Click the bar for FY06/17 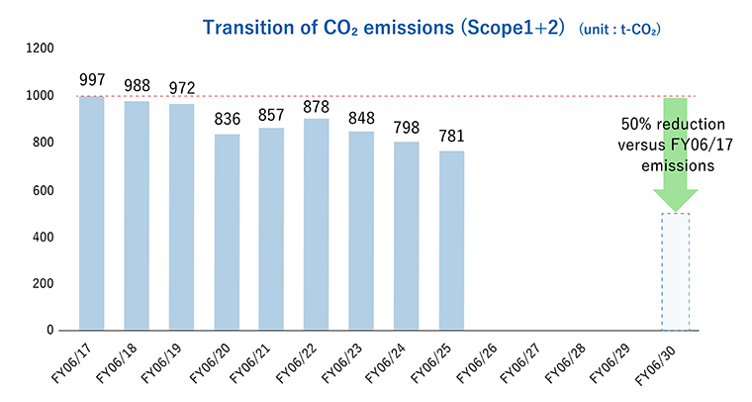tap(91, 213)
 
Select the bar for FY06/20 tap(227, 232)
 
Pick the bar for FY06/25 tap(451, 240)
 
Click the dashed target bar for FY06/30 tap(675, 271)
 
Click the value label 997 tap(91, 80)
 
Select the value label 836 tap(227, 119)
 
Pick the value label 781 tap(451, 136)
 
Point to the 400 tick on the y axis tap(46, 237)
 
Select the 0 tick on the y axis tap(54, 330)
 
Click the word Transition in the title tap(251, 27)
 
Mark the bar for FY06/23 tap(361, 231)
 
